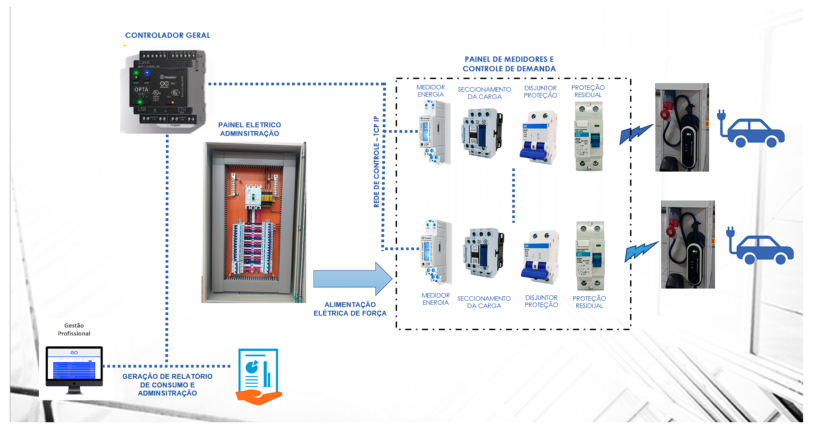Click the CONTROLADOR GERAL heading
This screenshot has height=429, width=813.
click(168, 35)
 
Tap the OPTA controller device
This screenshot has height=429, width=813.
click(165, 89)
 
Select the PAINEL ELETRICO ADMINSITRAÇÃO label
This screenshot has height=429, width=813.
click(249, 129)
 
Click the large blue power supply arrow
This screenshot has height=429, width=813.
click(352, 279)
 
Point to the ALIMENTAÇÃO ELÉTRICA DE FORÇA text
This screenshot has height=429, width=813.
click(350, 309)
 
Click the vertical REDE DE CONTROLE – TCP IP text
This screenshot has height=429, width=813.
click(376, 162)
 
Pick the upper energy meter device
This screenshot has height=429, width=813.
click(434, 132)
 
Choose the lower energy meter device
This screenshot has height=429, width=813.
click(435, 251)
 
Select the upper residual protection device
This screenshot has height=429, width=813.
click(589, 136)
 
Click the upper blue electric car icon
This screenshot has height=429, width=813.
click(752, 131)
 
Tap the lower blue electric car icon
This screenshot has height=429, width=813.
click(761, 248)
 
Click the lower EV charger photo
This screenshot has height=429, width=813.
click(688, 244)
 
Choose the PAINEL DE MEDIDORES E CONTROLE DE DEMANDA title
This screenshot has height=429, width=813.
click(509, 64)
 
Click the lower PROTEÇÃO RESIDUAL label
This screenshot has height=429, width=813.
click(589, 302)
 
